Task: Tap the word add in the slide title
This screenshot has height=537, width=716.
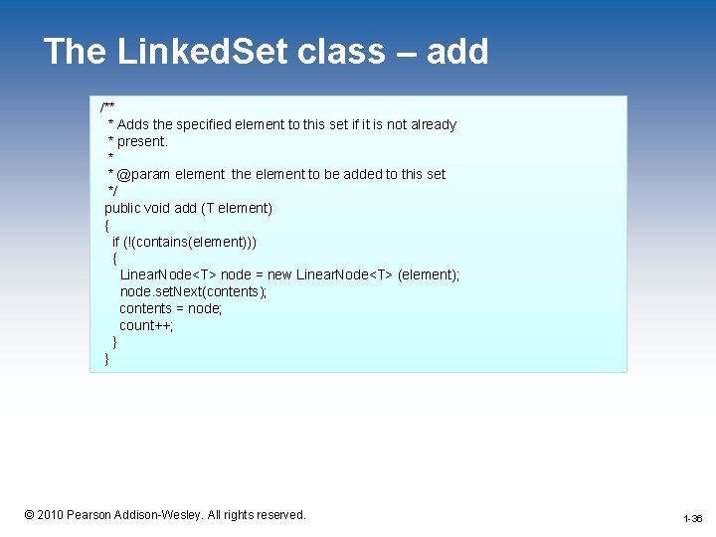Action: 457,52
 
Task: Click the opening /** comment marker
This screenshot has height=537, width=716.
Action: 107,106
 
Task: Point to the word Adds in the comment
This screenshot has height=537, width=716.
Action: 133,124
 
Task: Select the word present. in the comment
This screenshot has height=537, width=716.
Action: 143,141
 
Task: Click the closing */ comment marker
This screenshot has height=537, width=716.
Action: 112,190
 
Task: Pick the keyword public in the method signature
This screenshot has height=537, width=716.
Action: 124,208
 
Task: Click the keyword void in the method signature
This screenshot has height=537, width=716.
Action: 159,208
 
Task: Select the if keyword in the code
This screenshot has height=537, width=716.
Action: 116,242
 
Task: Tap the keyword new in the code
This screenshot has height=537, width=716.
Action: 280,274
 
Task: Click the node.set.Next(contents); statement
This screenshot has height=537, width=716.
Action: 193,291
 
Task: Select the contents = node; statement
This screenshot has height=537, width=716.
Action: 171,308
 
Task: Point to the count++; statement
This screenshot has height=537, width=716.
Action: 146,325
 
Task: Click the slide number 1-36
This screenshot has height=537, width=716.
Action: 692,519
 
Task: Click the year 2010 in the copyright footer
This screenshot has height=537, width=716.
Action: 50,515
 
